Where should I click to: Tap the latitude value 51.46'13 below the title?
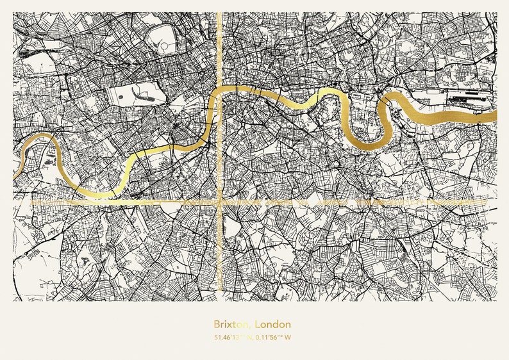pyautogui.click(x=230, y=338)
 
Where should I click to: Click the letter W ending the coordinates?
pyautogui.click(x=288, y=338)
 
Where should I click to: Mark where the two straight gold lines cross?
pyautogui.click(x=220, y=201)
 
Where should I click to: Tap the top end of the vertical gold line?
pyautogui.click(x=220, y=13)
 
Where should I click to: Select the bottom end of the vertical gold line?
pyautogui.click(x=220, y=299)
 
